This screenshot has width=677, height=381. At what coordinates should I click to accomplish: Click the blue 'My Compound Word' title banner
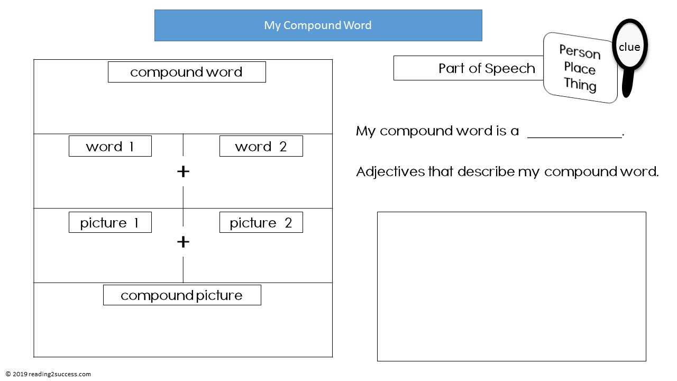[x=318, y=25]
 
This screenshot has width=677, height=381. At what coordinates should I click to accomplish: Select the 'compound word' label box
[x=187, y=72]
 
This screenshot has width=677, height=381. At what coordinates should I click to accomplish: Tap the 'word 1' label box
[x=110, y=146]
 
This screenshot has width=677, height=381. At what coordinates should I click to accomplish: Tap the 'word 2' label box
[x=261, y=146]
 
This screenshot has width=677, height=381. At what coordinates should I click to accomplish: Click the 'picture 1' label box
[x=110, y=222]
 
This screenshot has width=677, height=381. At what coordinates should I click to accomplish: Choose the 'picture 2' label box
[x=261, y=222]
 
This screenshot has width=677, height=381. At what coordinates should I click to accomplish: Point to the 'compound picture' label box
[x=182, y=295]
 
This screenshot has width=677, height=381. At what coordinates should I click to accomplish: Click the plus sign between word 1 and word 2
[x=183, y=171]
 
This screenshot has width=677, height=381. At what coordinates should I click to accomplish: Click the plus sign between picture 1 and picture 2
[x=183, y=242]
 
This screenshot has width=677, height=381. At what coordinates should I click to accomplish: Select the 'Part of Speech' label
[x=487, y=68]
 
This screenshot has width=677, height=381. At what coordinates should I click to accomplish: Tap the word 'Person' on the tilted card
[x=580, y=52]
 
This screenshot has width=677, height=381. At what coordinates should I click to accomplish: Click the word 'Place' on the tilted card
[x=580, y=68]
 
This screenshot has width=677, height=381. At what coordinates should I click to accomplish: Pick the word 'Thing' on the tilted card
[x=580, y=85]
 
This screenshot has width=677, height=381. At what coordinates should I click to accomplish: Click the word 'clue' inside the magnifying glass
[x=629, y=47]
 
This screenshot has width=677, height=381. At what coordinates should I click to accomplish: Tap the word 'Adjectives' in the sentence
[x=390, y=172]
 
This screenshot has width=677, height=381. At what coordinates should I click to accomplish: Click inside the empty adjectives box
[x=511, y=286]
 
